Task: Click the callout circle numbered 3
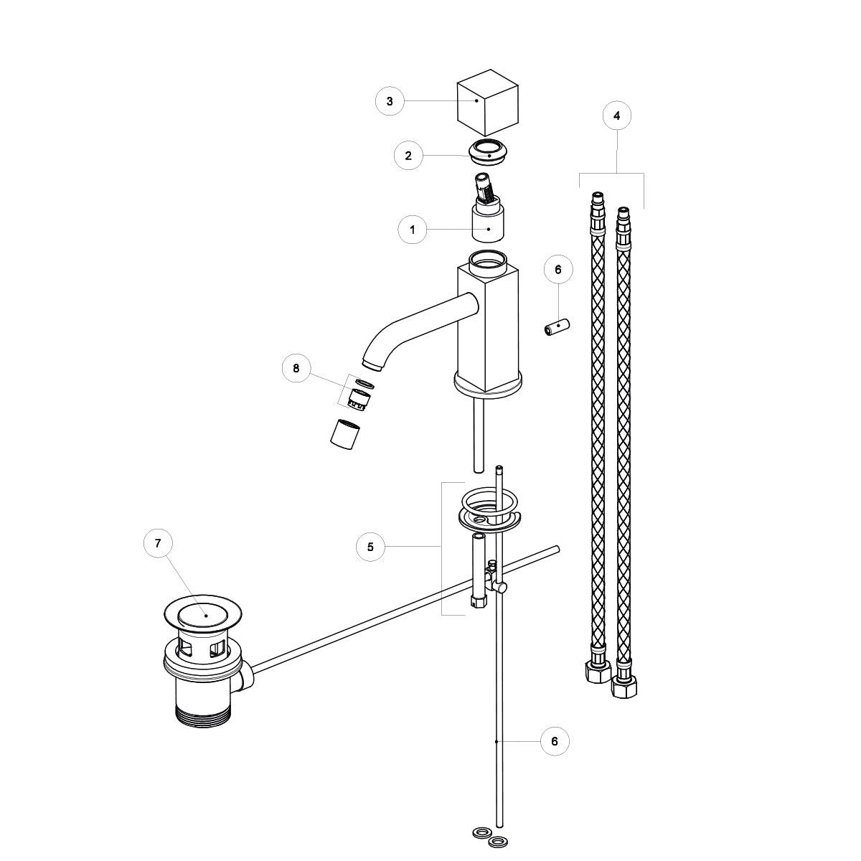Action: coord(390,101)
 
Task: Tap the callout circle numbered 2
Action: coord(408,156)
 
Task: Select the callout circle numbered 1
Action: coord(413,230)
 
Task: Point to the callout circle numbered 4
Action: coord(617,116)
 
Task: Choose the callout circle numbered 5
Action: coord(370,547)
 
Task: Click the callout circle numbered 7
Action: coord(158,543)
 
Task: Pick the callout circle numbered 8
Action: coord(296,368)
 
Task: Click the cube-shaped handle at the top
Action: coord(487,103)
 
